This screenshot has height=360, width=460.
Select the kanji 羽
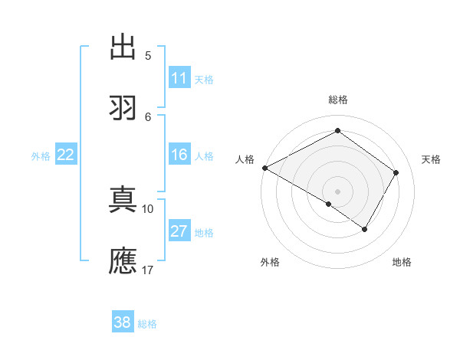[x=123, y=108]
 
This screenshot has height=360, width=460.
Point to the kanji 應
[x=123, y=261]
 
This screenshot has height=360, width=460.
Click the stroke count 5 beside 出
[x=147, y=56]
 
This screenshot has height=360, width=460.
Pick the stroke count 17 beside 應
[x=148, y=270]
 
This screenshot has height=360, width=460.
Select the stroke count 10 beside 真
[x=148, y=208]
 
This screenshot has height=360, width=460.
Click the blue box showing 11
[x=179, y=78]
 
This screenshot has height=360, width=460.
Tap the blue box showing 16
[x=179, y=155]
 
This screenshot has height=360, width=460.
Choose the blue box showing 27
[x=179, y=231]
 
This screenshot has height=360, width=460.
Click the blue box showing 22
[x=65, y=155]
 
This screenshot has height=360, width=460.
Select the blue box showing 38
[x=122, y=322]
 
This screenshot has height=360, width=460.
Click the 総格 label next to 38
[x=147, y=324]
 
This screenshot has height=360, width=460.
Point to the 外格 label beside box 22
[x=41, y=156]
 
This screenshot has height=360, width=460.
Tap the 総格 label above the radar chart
[x=337, y=100]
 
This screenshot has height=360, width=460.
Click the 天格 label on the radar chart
[x=431, y=159]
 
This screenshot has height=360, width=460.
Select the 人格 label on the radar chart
[x=245, y=159]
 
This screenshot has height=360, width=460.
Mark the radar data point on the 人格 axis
[x=264, y=168]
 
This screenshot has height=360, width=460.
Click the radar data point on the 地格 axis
[x=365, y=229]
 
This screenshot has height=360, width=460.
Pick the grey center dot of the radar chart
[x=337, y=191]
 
